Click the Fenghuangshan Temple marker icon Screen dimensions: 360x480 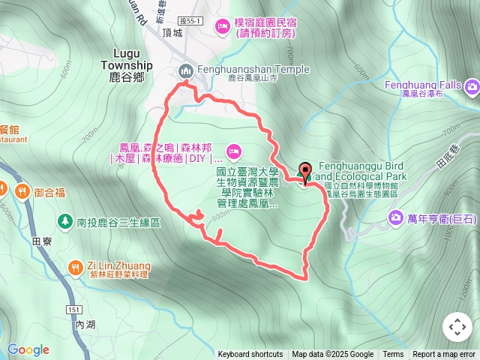186,70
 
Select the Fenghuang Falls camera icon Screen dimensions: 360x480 472,86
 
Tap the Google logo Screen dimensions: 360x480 28,349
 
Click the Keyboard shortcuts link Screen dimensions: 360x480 250,355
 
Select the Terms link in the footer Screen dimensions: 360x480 393,355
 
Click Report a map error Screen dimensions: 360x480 445,355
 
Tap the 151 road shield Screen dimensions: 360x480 73,309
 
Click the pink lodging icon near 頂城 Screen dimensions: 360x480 222,28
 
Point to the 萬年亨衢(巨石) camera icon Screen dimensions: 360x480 395,217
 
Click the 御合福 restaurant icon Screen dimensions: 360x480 23,192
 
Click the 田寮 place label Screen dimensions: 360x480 42,241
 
